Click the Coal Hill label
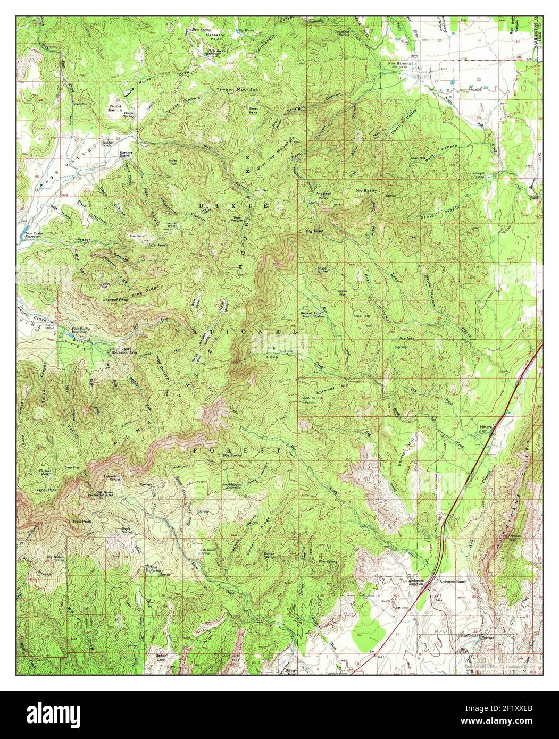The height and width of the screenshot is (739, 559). click(x=363, y=316)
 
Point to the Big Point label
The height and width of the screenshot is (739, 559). click(x=315, y=231)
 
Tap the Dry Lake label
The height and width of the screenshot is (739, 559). click(x=405, y=338)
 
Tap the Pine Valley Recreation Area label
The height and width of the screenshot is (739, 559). click(x=124, y=351)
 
